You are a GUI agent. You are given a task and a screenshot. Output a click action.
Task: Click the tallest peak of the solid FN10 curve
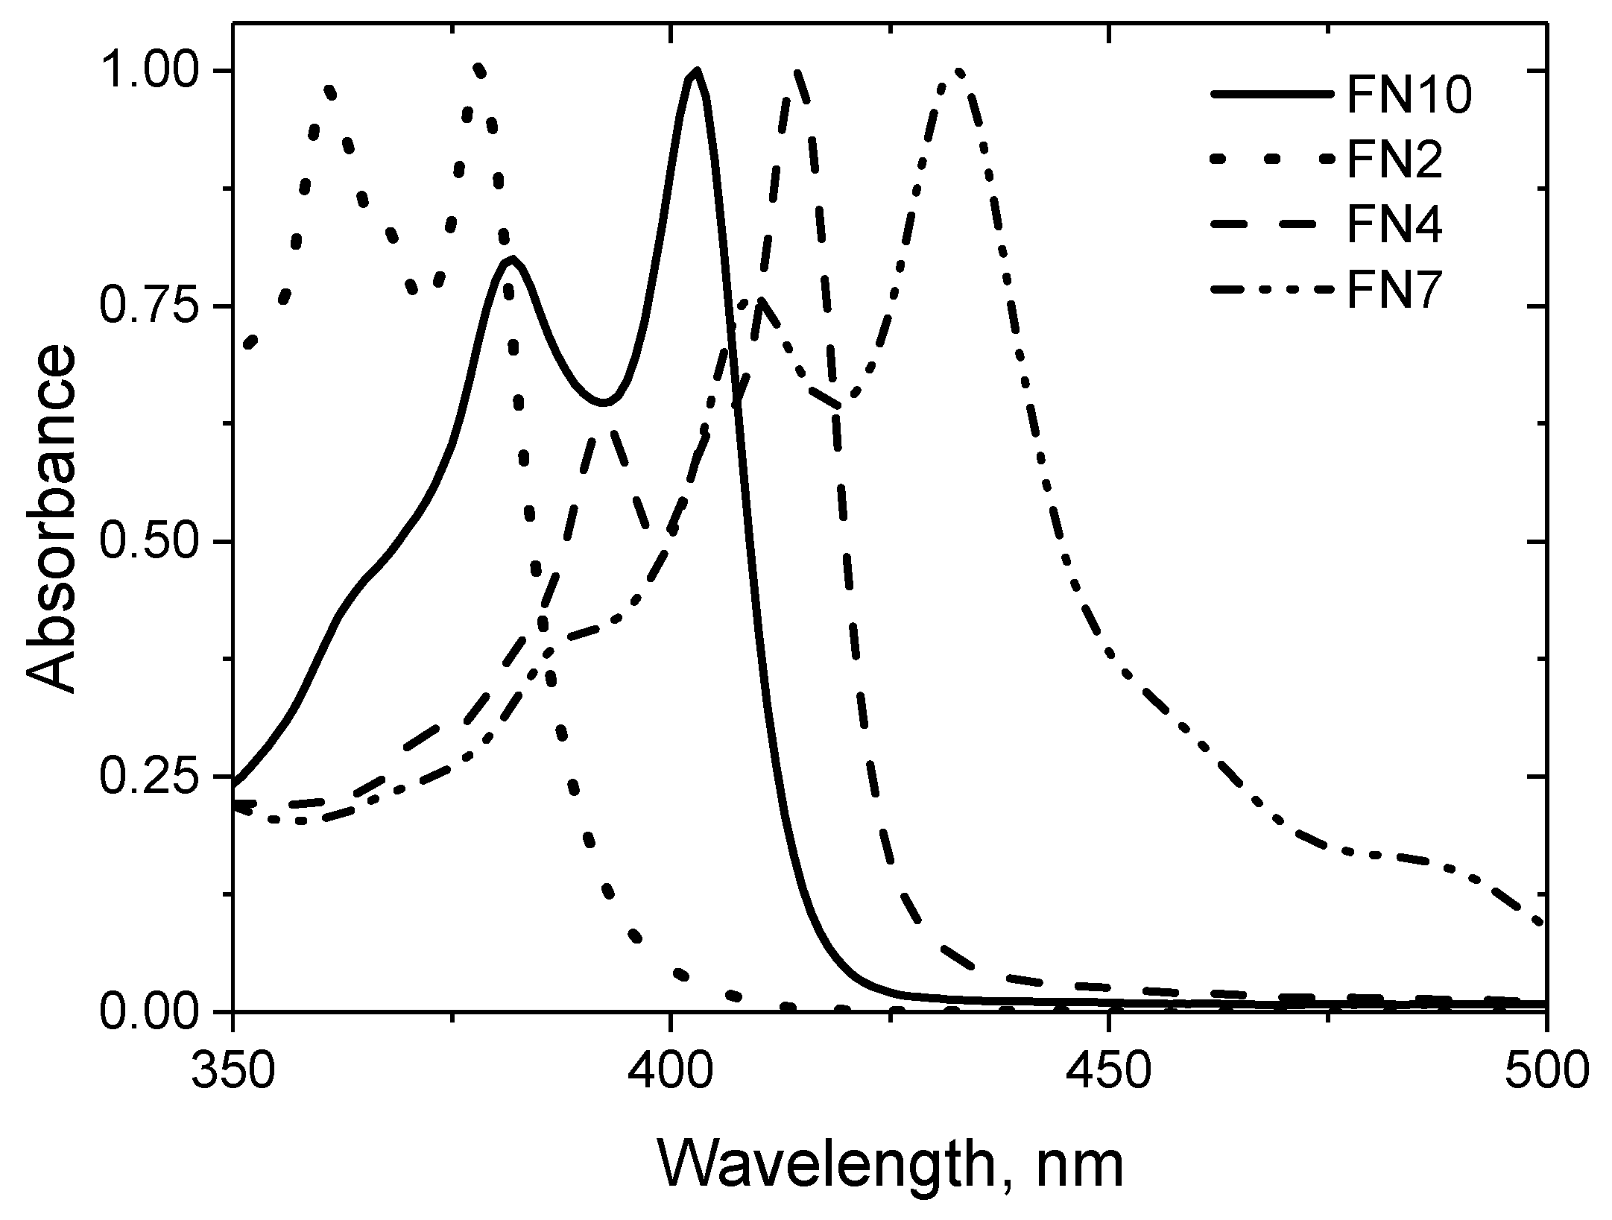tap(696, 72)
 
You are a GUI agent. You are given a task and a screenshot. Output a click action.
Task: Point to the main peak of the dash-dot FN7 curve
tap(958, 72)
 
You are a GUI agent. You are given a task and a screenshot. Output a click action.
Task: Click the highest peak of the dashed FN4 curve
tap(797, 72)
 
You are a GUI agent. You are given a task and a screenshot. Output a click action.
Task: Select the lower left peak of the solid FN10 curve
tap(511, 260)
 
